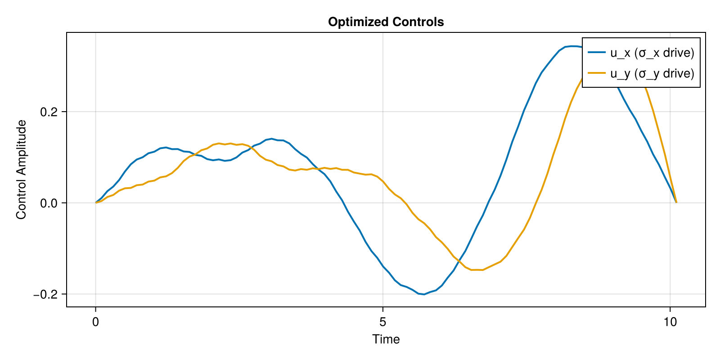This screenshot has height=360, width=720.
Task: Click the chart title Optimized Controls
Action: point(386,22)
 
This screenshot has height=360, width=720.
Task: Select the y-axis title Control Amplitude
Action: point(21,170)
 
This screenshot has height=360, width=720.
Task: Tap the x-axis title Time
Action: point(386,339)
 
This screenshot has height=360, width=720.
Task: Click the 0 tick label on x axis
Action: point(95,322)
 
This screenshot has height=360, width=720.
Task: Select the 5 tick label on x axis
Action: point(382,322)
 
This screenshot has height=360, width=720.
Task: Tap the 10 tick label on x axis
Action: point(670,322)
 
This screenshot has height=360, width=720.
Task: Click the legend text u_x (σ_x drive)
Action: point(652,53)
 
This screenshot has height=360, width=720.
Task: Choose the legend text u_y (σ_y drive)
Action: point(652,73)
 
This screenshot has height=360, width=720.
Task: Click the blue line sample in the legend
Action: point(597,53)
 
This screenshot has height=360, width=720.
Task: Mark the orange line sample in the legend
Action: point(597,73)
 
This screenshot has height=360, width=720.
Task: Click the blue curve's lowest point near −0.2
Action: point(424,294)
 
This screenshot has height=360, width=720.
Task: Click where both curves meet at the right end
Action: point(676,202)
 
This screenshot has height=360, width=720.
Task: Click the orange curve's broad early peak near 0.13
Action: point(219,143)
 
